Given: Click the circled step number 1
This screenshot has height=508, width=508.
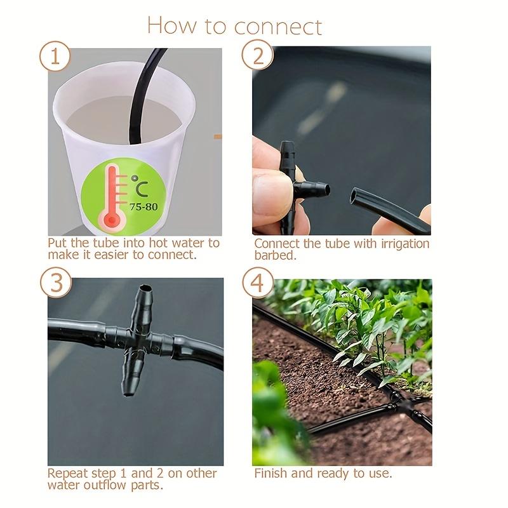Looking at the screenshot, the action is coord(55,57).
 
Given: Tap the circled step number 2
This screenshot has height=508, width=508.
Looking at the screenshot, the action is coord(258,55).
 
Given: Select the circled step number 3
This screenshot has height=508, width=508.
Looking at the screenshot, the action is coord(56,282).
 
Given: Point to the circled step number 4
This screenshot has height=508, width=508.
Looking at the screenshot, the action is coord(258,283).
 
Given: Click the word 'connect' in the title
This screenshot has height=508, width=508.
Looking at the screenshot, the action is coord(277,27).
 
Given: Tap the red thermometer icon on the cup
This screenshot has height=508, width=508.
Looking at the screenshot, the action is coord(112,197).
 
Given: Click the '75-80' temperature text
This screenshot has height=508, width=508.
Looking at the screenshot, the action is coord(144,207).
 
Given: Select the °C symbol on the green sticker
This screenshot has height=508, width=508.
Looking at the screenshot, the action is coord(140,186).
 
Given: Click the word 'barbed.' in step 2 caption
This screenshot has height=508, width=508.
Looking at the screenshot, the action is coord(275,256).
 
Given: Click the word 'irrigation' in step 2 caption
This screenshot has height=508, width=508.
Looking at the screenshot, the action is coord(404,244).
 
